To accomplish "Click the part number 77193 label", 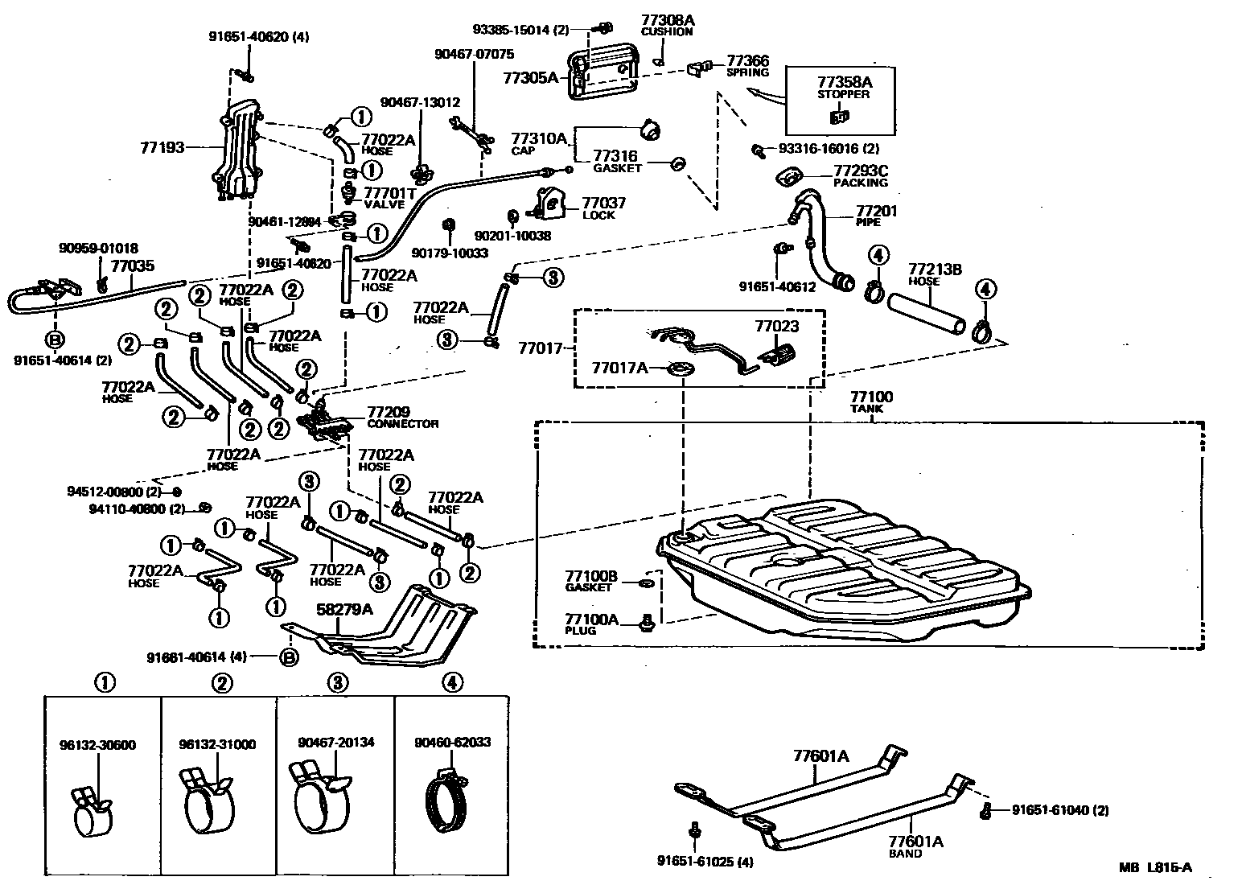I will [162, 147].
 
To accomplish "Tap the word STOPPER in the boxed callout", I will [843, 93].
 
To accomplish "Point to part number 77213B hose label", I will [935, 269].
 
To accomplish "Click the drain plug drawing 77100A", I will [644, 621].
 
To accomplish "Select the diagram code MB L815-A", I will [1154, 866].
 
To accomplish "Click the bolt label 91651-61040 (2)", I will [1059, 810].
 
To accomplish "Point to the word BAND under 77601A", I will [905, 854].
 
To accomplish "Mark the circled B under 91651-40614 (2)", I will [55, 339].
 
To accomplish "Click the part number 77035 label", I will [132, 265].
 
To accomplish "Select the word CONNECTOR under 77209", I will [402, 423].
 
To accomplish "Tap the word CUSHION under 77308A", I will [666, 32].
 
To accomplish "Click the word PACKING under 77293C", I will [860, 183].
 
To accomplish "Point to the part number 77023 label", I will [776, 326].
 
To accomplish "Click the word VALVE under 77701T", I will [384, 204].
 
